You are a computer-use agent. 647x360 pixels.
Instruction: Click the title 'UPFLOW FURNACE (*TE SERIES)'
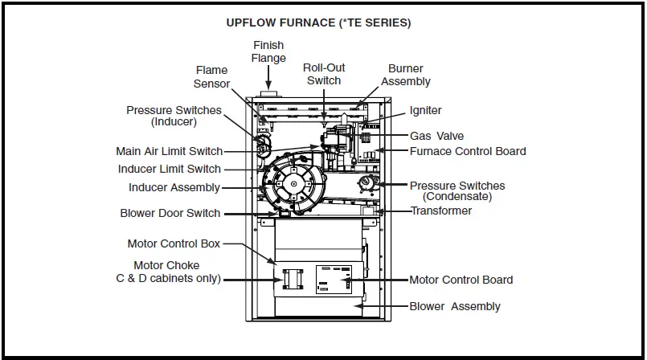[x=318, y=23]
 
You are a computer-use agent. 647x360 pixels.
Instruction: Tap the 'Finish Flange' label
[x=268, y=51]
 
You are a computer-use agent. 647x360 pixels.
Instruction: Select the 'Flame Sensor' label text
[x=212, y=77]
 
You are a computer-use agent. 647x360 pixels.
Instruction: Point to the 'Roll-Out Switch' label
[x=323, y=74]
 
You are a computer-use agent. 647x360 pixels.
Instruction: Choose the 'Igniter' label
[x=425, y=110]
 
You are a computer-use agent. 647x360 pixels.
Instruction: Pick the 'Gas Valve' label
[x=436, y=136]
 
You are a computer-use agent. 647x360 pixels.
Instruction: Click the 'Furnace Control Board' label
[x=468, y=151]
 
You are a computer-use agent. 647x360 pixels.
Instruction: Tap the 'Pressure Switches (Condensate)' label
[x=457, y=190]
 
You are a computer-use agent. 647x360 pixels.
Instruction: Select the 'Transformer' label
[x=441, y=211]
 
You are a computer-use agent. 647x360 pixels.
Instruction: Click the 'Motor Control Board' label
[x=461, y=280]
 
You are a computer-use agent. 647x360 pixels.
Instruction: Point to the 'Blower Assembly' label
[x=454, y=306]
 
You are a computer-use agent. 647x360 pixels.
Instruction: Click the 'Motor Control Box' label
[x=174, y=243]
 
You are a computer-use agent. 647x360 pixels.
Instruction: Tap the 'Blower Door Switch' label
[x=170, y=214]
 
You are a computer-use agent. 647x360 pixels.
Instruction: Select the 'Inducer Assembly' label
[x=174, y=187]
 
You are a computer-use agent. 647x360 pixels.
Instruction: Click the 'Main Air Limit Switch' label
[x=169, y=151]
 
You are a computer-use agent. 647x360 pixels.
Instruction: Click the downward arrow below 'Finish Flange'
[x=268, y=77]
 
